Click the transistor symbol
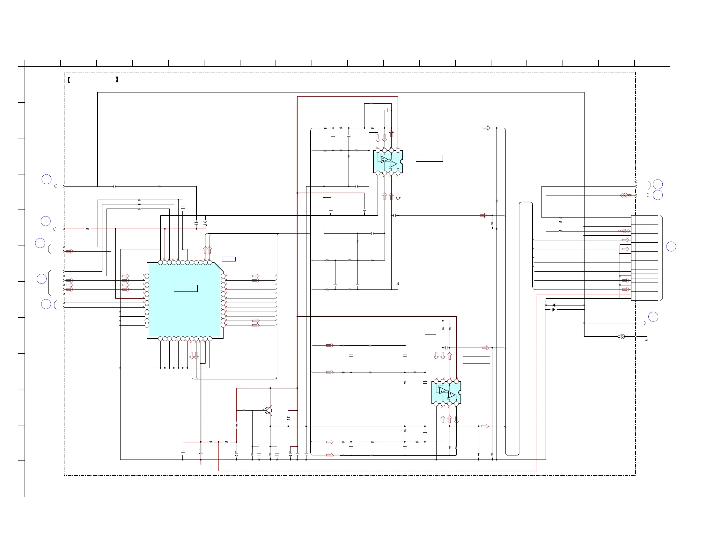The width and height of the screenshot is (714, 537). (268, 410)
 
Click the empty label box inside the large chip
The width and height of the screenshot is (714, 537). (186, 288)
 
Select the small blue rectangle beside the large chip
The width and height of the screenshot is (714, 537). (229, 259)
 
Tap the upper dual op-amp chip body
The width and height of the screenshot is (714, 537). (388, 162)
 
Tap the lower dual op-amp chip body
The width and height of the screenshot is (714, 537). (446, 393)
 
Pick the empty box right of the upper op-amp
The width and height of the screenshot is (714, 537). (429, 158)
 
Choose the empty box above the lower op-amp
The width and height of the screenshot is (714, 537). (476, 360)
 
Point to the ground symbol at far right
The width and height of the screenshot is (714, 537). (646, 340)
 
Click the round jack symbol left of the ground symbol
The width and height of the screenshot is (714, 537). (622, 337)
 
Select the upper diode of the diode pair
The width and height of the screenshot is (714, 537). (554, 305)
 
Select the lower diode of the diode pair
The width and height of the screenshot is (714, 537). (554, 310)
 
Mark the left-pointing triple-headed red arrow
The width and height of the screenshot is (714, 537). (625, 195)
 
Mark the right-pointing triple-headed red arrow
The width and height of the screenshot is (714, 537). (624, 231)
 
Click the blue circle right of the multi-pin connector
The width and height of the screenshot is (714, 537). (671, 246)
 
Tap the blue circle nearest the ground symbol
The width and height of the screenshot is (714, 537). (653, 317)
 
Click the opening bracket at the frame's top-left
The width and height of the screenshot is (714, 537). (69, 79)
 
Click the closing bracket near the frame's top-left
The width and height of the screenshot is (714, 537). (116, 79)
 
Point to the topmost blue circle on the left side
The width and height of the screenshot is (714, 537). (47, 179)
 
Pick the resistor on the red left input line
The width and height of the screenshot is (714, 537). (88, 229)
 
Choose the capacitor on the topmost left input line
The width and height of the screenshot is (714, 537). (114, 186)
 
